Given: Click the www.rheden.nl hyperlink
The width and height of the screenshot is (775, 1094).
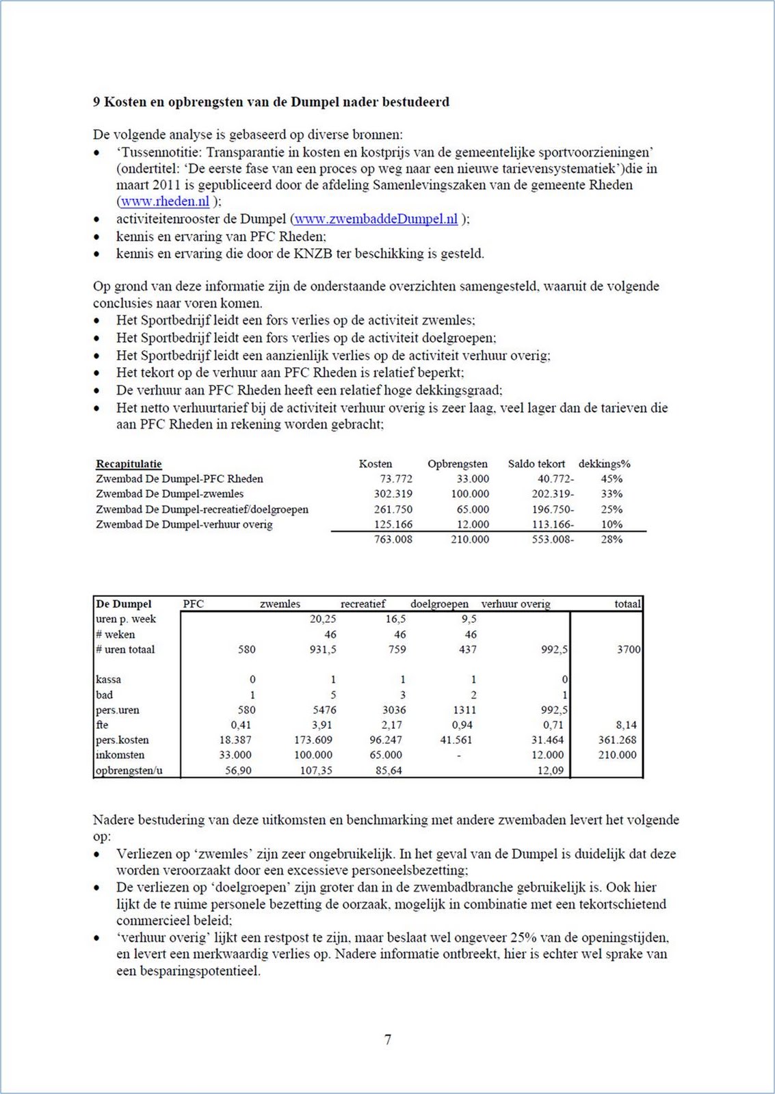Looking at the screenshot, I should [x=165, y=202].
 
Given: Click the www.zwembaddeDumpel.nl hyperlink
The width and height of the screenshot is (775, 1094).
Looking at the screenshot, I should [x=376, y=219].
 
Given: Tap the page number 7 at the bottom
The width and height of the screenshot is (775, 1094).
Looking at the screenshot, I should [x=388, y=1040].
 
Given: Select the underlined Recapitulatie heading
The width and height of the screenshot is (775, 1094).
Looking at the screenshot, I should [x=129, y=464].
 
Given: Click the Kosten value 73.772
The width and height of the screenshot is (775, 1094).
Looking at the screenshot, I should [x=396, y=479].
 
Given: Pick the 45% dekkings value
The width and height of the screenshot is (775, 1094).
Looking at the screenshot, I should [x=612, y=479].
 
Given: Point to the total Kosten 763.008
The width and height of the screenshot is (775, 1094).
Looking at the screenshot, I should [x=393, y=539].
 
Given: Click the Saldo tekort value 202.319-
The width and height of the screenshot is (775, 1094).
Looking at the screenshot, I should [x=553, y=494].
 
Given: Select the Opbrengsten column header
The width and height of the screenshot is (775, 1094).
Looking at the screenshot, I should [x=458, y=464].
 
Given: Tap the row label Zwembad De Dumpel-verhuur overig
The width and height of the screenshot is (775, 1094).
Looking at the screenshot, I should [x=184, y=524].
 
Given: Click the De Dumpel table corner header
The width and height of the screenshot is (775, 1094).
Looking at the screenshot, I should [x=124, y=604].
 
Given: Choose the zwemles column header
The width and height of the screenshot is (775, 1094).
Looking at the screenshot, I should [x=280, y=604].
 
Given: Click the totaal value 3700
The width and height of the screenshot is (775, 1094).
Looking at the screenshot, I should [x=629, y=650].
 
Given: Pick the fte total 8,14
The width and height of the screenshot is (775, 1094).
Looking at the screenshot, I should [x=626, y=725].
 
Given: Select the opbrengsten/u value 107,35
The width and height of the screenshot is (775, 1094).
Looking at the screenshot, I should [x=316, y=771].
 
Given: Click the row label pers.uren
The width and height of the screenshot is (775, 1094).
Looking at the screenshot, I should [x=118, y=710].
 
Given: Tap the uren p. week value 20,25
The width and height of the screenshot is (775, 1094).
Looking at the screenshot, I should [x=322, y=619].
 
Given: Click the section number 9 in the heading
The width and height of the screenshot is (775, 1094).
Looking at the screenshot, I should [x=96, y=103].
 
